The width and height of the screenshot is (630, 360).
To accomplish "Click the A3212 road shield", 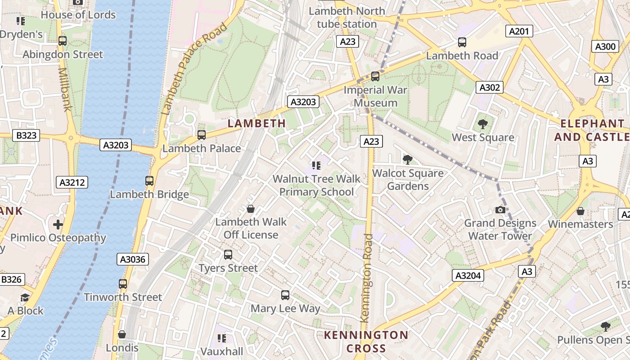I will pos(72,182).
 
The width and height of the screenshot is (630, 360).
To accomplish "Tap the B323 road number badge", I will pos(26,135).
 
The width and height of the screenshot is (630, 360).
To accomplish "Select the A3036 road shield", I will pos(133,259).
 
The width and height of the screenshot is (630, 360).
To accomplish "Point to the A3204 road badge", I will pos(468,275).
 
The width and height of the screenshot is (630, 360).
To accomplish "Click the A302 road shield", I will pos(489,87).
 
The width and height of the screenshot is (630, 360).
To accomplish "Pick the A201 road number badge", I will pos(519,31).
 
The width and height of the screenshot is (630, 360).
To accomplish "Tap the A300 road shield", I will pos(605,46).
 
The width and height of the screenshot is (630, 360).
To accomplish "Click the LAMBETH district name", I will pos(256,123).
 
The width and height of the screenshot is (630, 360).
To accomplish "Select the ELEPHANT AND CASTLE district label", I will pos(592,130).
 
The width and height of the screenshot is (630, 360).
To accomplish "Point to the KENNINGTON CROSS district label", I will pos(366,342).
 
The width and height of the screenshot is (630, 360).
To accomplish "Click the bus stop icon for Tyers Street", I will pos(228,255).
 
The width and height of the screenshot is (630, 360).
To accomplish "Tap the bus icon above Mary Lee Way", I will pos(285,295).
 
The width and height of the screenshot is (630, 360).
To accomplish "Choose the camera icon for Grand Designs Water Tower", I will pos(500,210).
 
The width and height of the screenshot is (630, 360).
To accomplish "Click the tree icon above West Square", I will pos(483,124).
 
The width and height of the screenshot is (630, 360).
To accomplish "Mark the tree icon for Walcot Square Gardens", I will pos(408,159).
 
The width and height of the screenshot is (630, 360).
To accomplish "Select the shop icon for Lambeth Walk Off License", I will pos(251,209).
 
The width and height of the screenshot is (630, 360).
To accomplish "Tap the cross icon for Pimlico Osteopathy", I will pos(58,224).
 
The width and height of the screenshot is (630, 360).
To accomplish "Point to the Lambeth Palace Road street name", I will pos(193,68).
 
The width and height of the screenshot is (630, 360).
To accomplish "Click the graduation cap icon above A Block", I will pos(25,297).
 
